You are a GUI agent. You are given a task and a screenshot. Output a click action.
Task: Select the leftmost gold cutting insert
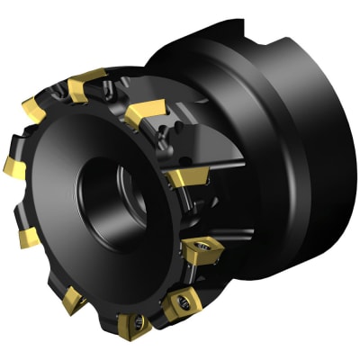coord(13,165)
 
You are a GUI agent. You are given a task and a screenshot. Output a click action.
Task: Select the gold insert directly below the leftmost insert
coord(26,237)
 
